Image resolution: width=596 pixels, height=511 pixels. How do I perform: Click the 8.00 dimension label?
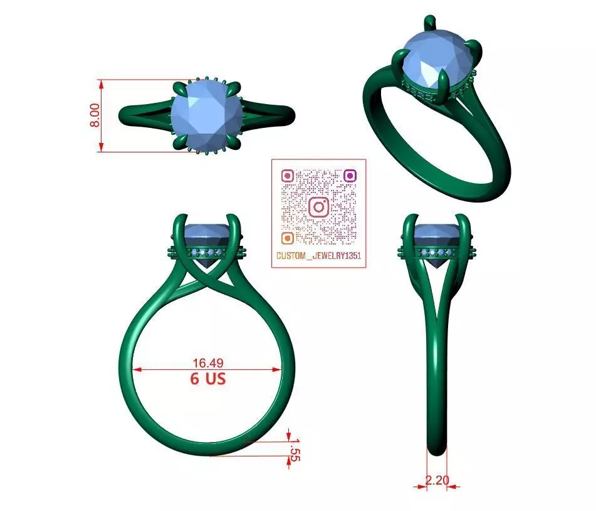[x=95, y=115]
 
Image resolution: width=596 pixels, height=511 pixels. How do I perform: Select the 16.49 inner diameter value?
[x=208, y=362]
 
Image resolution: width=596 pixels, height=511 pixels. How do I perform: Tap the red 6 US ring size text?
[x=208, y=379]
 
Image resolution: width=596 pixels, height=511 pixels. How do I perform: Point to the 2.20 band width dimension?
[x=437, y=480]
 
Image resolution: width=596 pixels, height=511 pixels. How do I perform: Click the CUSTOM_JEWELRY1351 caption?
[x=318, y=256]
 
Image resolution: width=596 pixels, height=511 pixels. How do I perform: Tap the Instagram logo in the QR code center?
[x=318, y=206]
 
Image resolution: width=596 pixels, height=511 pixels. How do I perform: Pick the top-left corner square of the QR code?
[x=287, y=176]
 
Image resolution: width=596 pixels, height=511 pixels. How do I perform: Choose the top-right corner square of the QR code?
[x=350, y=176]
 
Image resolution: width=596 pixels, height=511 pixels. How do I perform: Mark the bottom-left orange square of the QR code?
[x=287, y=238]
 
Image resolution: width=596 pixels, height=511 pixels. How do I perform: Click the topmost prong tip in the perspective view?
[x=429, y=19]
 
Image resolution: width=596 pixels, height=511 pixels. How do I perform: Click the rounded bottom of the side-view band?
[x=437, y=449]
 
